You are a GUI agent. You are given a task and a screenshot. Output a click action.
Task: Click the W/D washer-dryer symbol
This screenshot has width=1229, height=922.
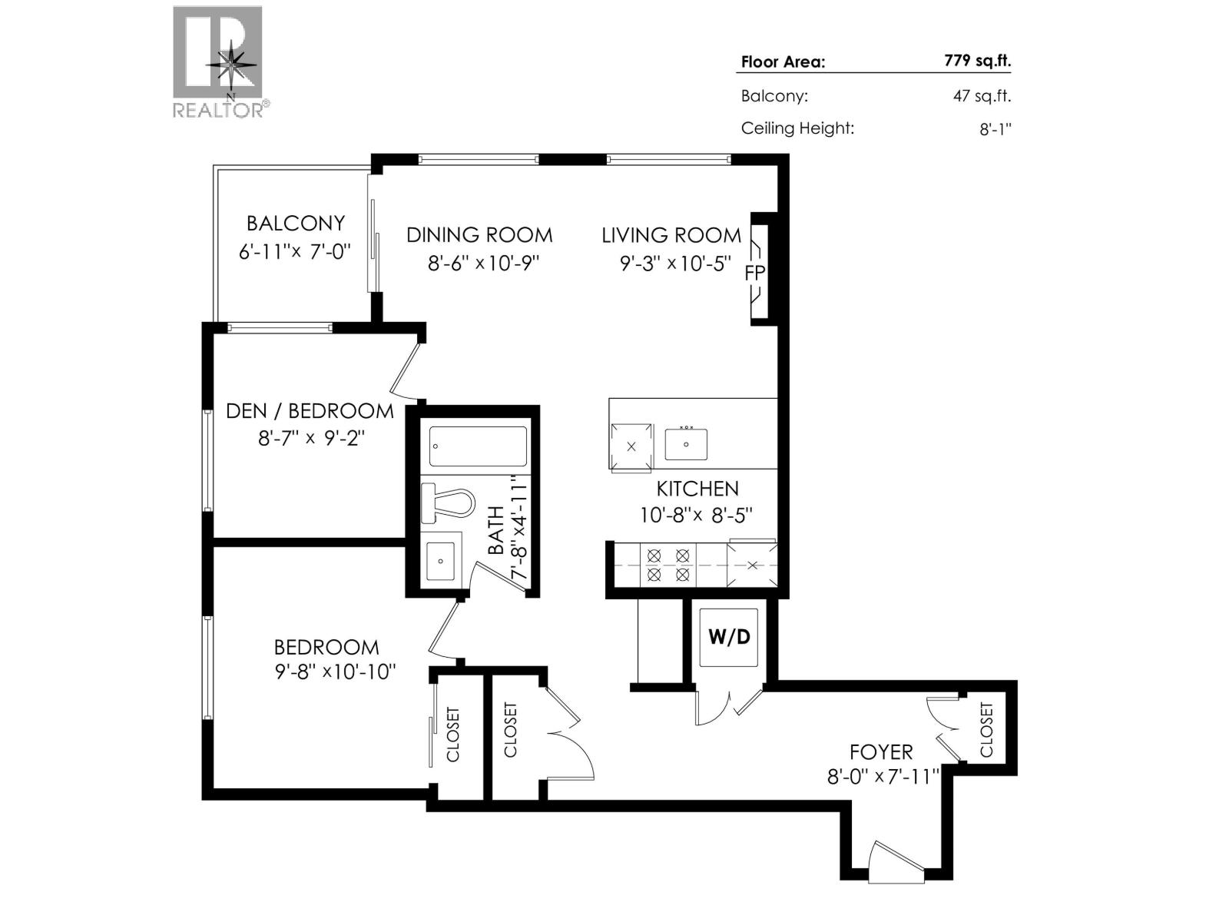(728, 638)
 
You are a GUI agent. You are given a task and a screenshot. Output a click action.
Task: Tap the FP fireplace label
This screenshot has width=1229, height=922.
(754, 274)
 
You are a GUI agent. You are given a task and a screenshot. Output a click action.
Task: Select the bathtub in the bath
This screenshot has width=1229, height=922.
(478, 446)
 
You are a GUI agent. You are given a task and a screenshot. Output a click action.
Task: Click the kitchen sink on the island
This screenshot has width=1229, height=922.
(686, 444)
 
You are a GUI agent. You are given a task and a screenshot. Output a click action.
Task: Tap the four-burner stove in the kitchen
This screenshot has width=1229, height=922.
(668, 565)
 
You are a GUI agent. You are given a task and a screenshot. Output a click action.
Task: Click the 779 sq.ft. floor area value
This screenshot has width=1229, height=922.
(978, 61)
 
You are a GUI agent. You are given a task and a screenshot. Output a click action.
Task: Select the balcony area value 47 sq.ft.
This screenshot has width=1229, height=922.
(982, 96)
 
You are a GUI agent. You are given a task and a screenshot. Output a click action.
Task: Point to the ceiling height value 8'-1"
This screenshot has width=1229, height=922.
(995, 129)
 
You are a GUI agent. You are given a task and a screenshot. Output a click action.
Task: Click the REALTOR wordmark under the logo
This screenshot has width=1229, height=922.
(221, 110)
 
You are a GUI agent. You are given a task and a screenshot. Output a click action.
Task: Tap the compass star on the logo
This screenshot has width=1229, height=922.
(231, 65)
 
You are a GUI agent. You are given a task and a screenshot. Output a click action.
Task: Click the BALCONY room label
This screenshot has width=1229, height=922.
(296, 224)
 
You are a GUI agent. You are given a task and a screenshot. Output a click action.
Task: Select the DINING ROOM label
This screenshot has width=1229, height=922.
(479, 235)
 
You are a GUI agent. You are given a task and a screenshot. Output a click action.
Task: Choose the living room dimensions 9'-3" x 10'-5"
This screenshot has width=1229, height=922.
(676, 263)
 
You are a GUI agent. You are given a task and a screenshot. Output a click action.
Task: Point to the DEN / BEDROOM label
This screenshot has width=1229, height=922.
(310, 411)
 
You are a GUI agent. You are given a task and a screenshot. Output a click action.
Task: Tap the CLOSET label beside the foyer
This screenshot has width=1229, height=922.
(986, 729)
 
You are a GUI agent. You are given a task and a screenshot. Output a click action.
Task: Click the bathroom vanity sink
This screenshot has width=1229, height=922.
(441, 560)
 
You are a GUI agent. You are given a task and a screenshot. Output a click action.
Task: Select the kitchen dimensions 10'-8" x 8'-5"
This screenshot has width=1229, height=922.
(696, 515)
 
